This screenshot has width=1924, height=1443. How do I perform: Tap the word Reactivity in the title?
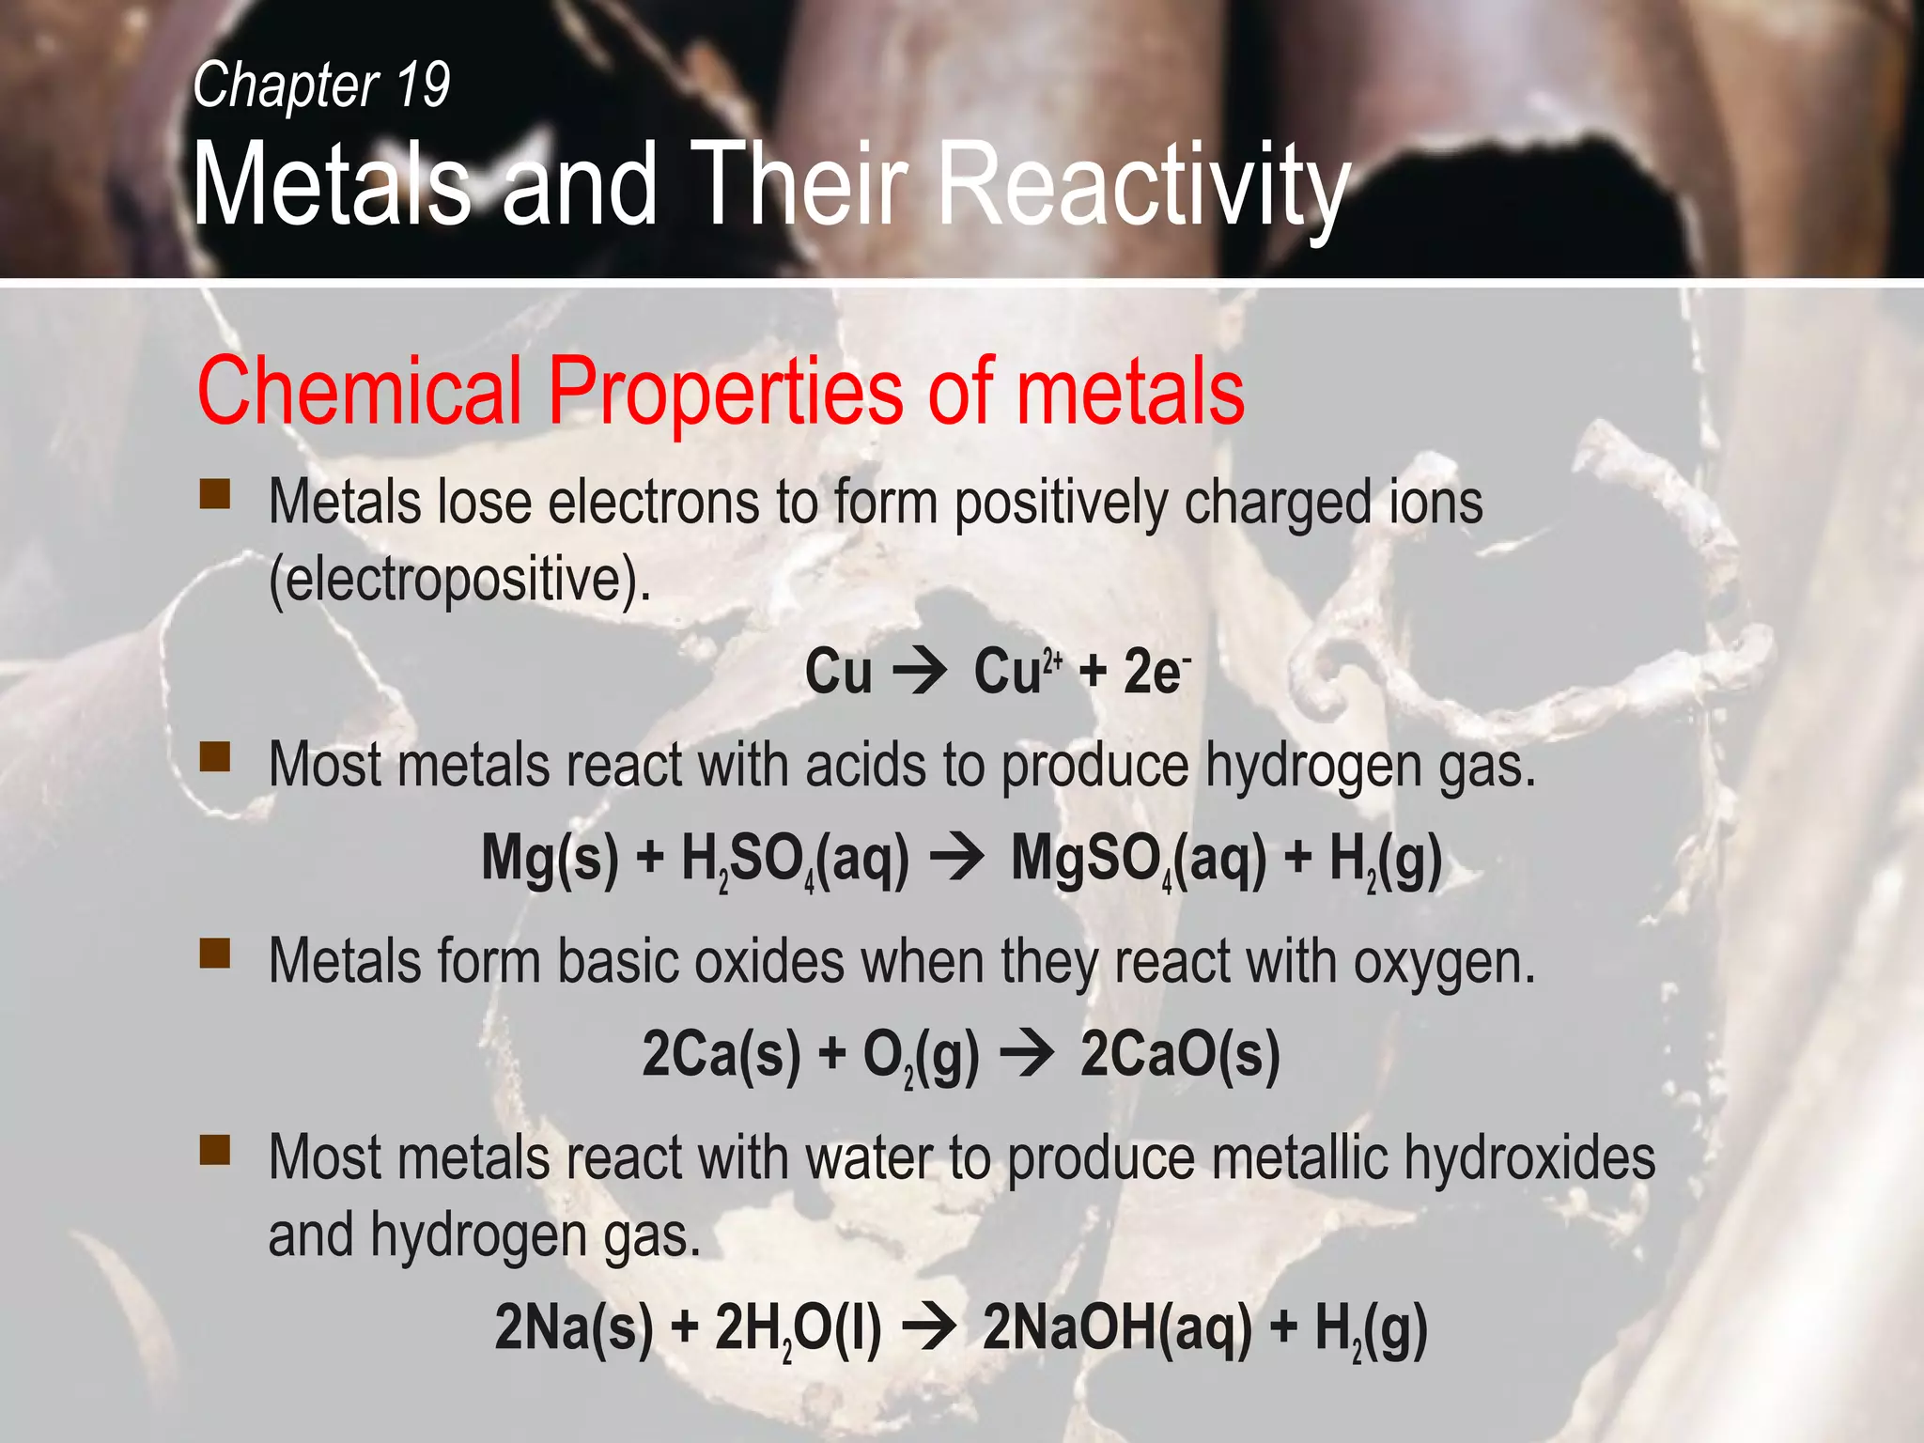point(1143,185)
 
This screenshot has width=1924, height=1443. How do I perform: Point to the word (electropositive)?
point(459,580)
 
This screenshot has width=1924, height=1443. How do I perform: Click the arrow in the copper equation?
point(921,673)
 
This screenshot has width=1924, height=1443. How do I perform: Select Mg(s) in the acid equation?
point(550,859)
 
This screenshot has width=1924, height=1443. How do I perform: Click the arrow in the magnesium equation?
point(958,859)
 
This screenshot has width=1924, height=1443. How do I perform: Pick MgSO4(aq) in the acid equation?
point(1138,859)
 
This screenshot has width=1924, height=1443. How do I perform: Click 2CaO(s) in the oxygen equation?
point(1180,1054)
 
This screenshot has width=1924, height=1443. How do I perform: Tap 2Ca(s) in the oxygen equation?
point(721,1054)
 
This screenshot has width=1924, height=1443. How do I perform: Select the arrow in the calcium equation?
point(1028,1054)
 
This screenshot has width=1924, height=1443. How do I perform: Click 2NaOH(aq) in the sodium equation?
point(1117,1328)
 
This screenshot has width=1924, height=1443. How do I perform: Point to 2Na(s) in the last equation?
point(573,1328)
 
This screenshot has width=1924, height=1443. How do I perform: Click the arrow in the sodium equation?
point(930,1328)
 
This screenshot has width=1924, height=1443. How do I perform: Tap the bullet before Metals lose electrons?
point(215,494)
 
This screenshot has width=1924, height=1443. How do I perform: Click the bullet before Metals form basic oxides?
point(215,954)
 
